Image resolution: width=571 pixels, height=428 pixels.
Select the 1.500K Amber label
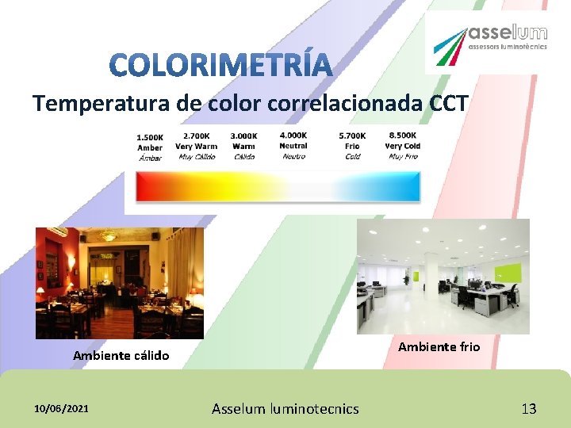150,147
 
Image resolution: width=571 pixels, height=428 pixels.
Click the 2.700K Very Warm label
196,146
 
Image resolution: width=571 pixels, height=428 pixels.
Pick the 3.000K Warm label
243,146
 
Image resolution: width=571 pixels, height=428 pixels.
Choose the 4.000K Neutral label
293,146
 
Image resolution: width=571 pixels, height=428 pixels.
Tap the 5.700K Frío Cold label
352,146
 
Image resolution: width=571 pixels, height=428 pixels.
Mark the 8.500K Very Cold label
403,146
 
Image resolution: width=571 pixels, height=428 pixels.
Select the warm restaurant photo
120,283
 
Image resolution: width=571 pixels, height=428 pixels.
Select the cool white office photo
443,276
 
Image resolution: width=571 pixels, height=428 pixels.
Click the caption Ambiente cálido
121,356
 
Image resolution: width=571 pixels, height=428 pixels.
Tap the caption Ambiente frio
439,346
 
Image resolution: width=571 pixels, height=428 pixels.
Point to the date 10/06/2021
62,408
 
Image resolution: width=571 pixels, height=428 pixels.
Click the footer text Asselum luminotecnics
285,409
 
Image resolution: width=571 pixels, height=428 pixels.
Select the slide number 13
529,409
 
